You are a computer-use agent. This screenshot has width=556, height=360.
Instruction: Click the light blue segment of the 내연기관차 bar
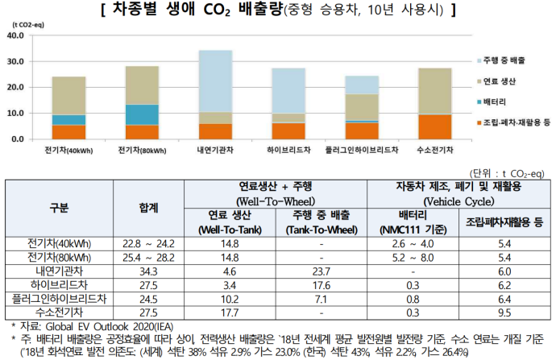[215, 81]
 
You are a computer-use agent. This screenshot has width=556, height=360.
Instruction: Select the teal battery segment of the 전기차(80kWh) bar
[141, 114]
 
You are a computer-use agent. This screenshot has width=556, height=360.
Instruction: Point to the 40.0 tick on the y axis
[15, 35]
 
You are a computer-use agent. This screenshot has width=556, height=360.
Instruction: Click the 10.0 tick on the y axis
[15, 113]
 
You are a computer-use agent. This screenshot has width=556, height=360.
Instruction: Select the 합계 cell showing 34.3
[147, 271]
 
